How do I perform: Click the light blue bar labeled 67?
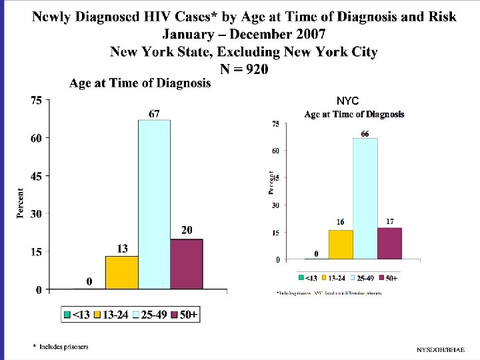(154, 204)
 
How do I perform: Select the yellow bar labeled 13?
(121, 273)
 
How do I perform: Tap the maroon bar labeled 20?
(186, 264)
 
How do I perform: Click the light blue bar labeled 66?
(365, 198)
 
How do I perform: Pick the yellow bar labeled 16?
(341, 244)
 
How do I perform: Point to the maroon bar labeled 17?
(389, 243)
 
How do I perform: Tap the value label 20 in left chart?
(187, 230)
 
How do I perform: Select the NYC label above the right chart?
(347, 101)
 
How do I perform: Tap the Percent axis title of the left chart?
(21, 203)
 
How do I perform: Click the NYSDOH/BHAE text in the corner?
(441, 350)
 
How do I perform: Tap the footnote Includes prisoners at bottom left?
(64, 346)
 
